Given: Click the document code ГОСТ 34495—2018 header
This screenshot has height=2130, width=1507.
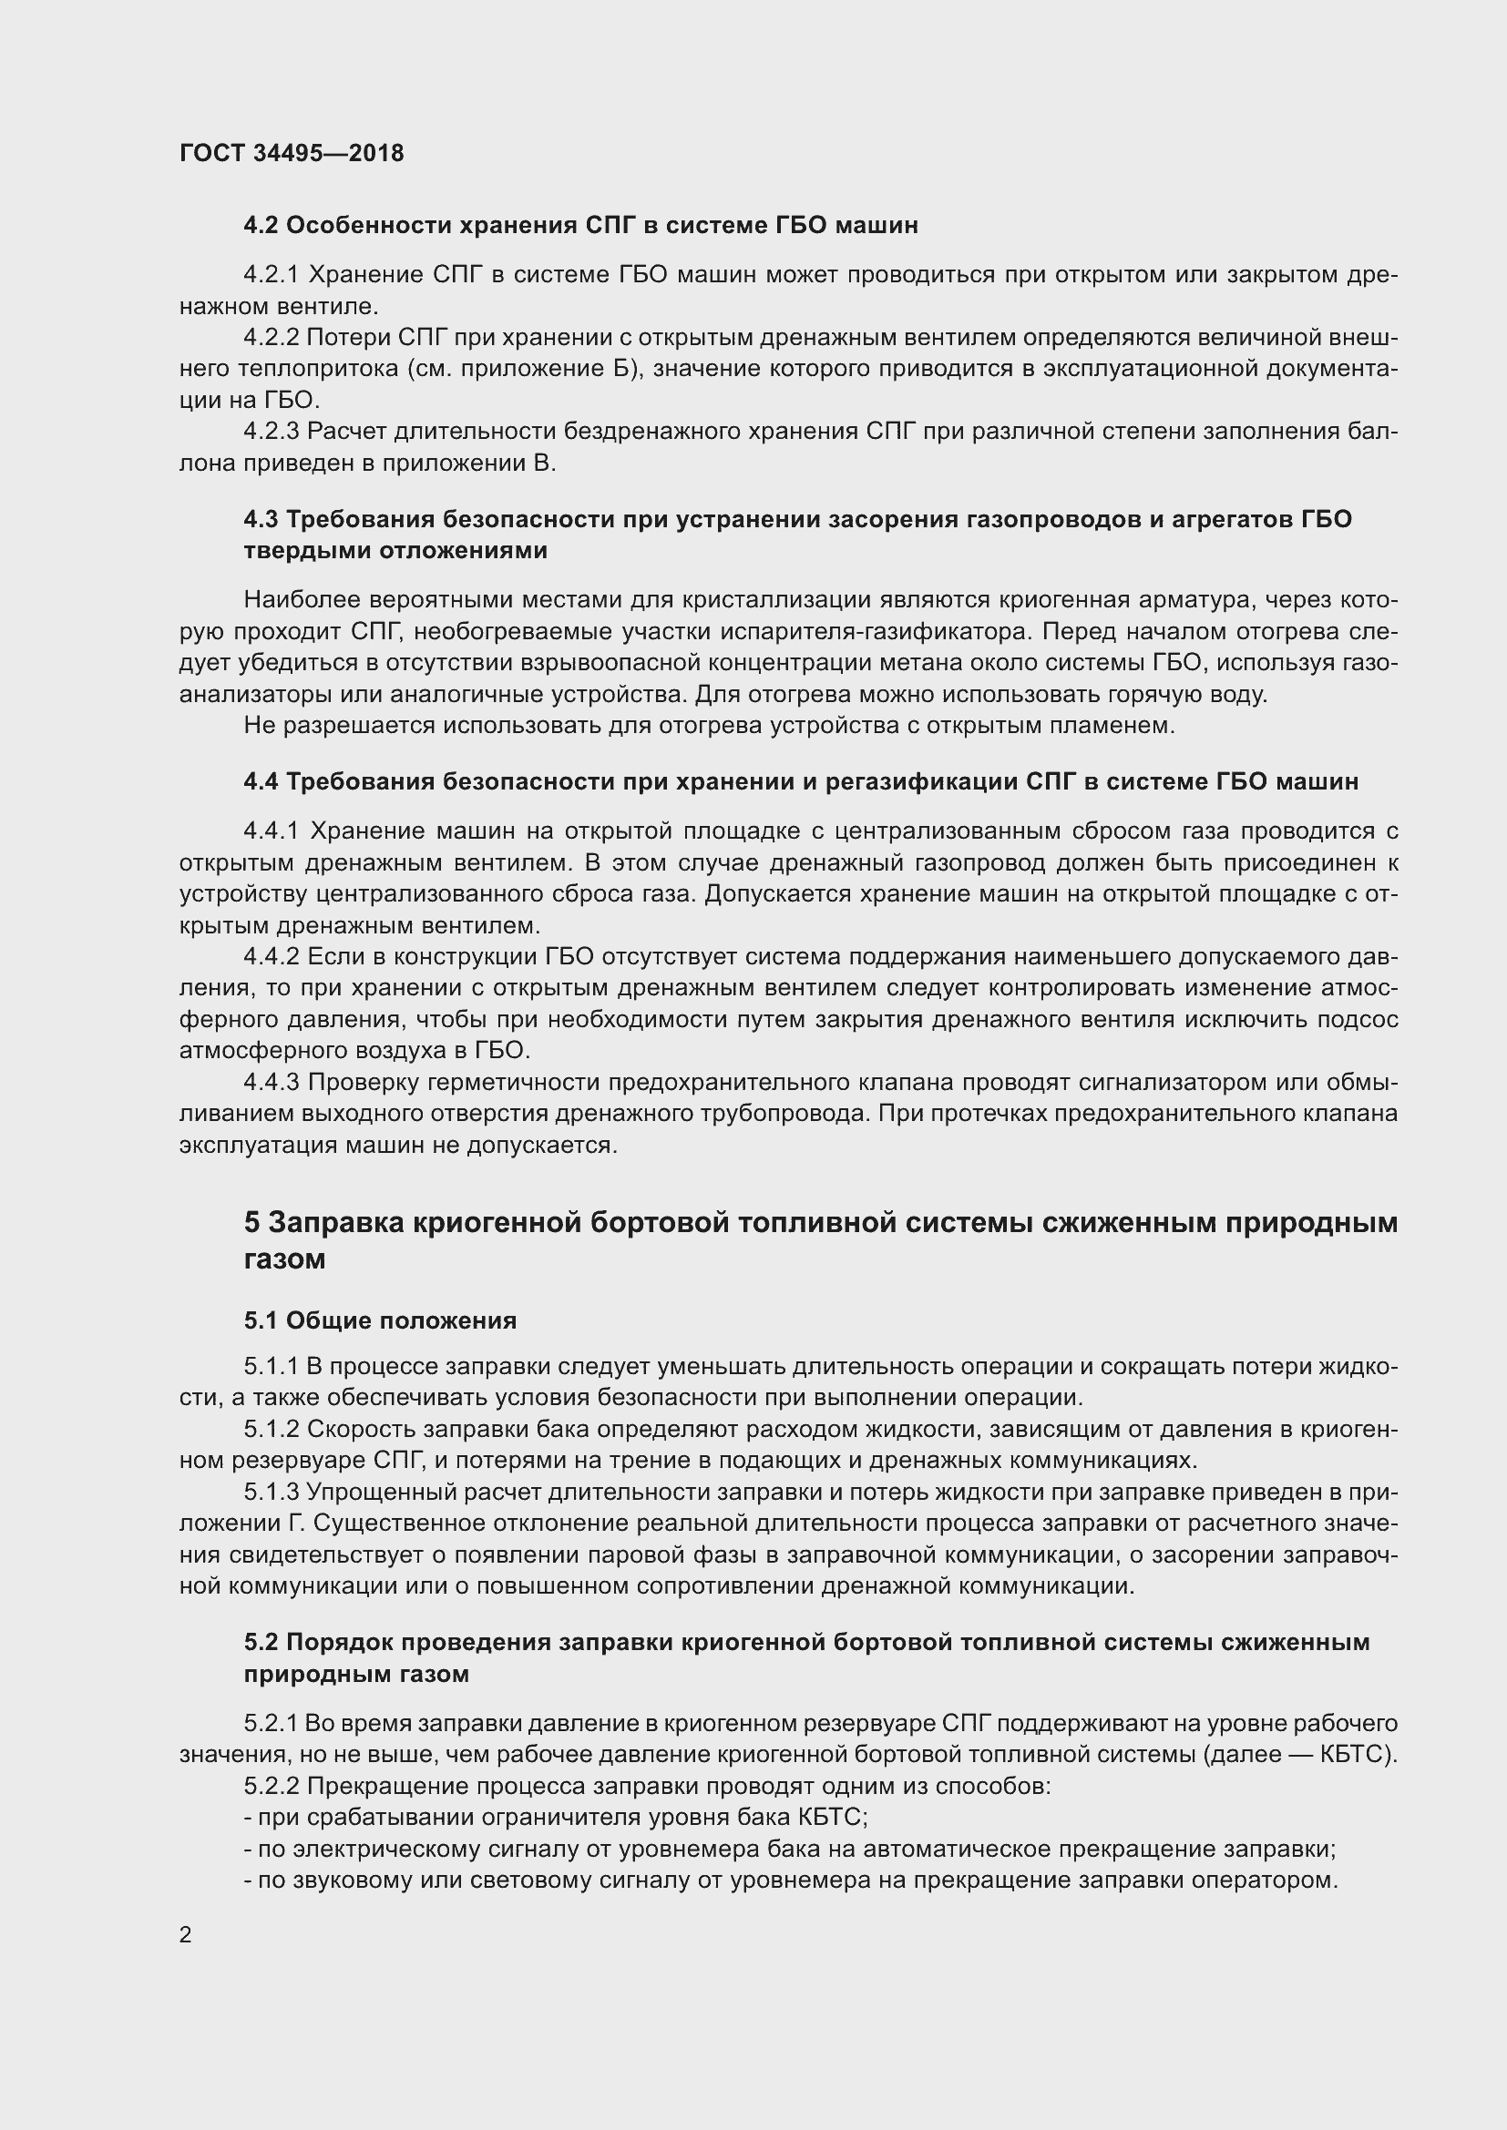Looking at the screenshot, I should click(292, 153).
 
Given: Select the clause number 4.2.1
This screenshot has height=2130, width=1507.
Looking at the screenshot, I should click(271, 275).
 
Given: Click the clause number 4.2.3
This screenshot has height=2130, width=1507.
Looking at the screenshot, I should click(271, 432).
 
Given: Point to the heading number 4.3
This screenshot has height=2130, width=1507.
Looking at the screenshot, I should click(261, 518).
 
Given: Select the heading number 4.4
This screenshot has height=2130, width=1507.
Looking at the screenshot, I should click(261, 781).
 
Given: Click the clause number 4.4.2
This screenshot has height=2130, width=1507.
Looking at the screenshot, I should click(271, 956).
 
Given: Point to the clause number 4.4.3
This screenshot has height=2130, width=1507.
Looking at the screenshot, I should click(271, 1082).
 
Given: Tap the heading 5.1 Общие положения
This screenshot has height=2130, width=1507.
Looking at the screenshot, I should click(381, 1320).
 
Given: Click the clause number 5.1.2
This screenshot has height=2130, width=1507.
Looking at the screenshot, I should click(271, 1429).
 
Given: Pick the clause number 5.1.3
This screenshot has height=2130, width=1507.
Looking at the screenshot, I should click(271, 1492).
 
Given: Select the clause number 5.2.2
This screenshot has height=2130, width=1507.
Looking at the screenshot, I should click(271, 1786).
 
